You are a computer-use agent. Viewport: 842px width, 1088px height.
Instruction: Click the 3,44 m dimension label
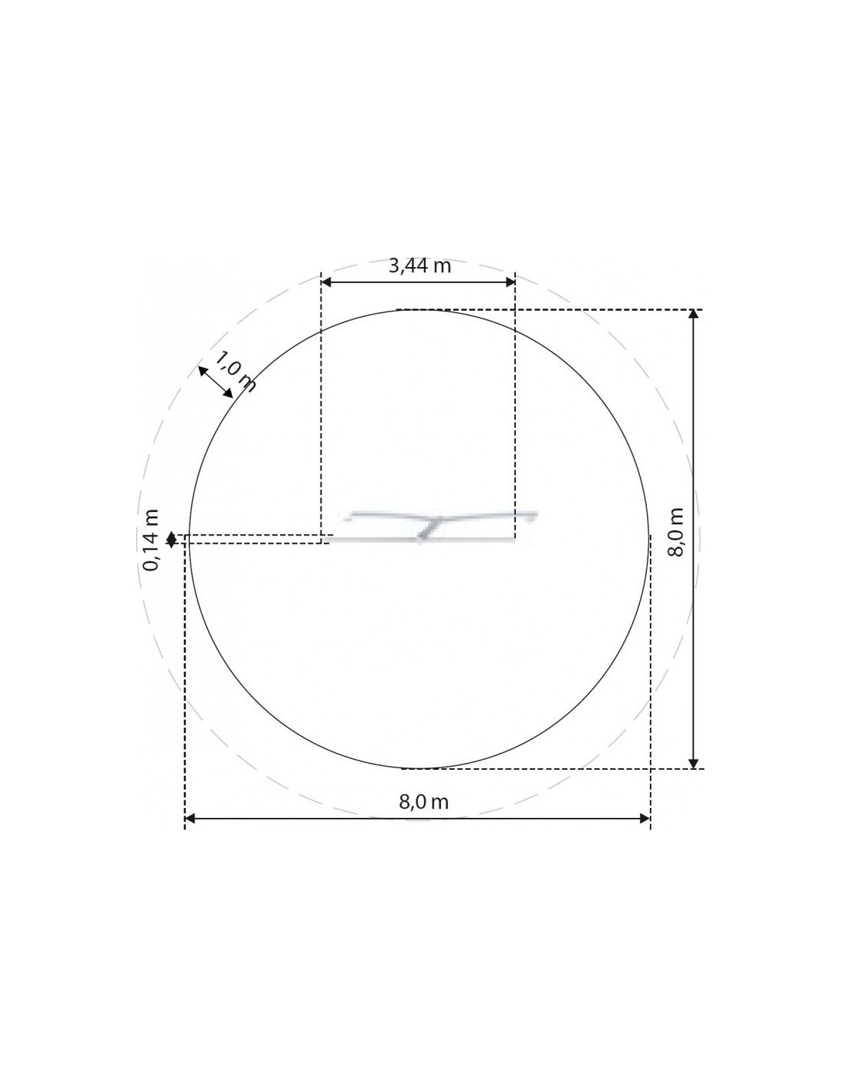coord(419,265)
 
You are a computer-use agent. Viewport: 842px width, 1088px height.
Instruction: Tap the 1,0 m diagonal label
coord(234,372)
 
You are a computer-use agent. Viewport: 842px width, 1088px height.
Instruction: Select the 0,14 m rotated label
coord(151,539)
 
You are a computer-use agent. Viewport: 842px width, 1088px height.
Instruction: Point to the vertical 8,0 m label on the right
coord(676,532)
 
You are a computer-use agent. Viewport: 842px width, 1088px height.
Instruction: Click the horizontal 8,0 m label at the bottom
coord(423,802)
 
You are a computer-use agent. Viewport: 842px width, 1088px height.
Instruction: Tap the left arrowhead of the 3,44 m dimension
coord(326,282)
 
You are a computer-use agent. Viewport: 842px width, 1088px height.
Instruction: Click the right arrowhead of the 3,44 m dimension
coord(509,282)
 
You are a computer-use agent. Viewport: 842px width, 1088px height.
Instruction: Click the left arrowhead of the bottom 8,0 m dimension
coord(191,819)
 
